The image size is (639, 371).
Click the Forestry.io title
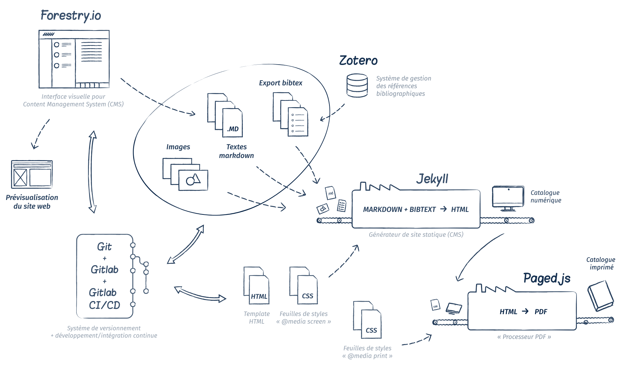click(x=71, y=16)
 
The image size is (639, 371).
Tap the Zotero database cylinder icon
click(x=357, y=85)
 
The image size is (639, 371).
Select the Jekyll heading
click(x=432, y=179)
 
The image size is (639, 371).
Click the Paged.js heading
click(x=547, y=278)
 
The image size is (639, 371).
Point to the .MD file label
click(x=233, y=129)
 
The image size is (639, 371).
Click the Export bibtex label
click(x=280, y=83)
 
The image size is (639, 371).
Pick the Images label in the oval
click(x=178, y=147)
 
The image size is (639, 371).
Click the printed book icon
click(x=601, y=295)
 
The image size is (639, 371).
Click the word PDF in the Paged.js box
click(x=541, y=312)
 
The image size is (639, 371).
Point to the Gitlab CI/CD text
click(x=104, y=299)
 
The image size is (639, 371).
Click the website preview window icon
click(x=32, y=174)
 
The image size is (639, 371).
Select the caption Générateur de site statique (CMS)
click(x=416, y=235)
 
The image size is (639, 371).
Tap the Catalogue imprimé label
click(x=601, y=263)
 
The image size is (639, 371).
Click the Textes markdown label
click(x=236, y=151)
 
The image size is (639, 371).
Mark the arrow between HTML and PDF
click(x=525, y=311)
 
